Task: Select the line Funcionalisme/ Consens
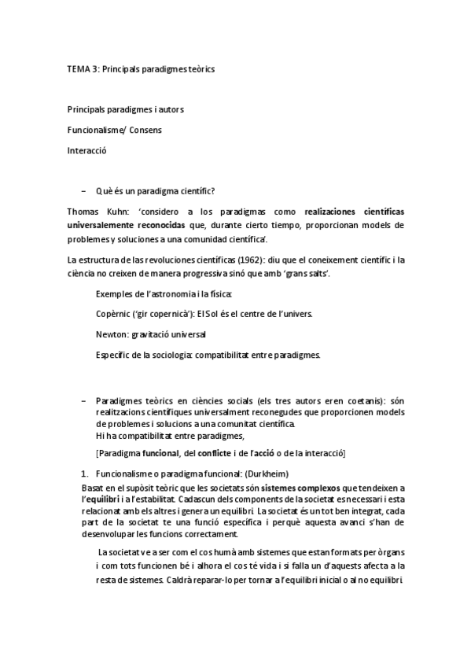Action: tap(115, 129)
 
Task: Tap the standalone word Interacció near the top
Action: tap(86, 149)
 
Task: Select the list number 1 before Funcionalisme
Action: tap(84, 474)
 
